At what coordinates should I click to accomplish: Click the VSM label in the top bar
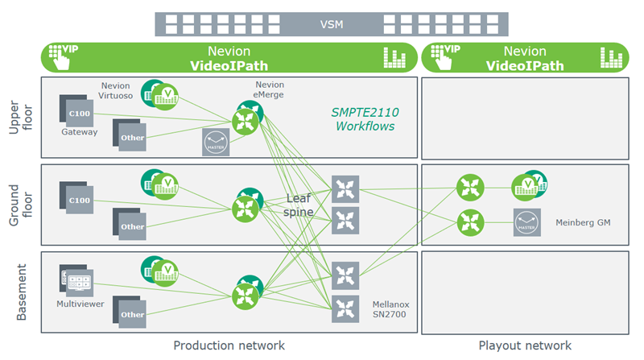[x=331, y=25]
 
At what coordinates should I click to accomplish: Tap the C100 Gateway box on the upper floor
[x=80, y=112]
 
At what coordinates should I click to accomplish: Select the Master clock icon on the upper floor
[x=216, y=142]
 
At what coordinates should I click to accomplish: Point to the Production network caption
[x=229, y=346]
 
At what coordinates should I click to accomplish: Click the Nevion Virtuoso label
[x=121, y=90]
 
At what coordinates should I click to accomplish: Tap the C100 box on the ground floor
[x=80, y=199]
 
